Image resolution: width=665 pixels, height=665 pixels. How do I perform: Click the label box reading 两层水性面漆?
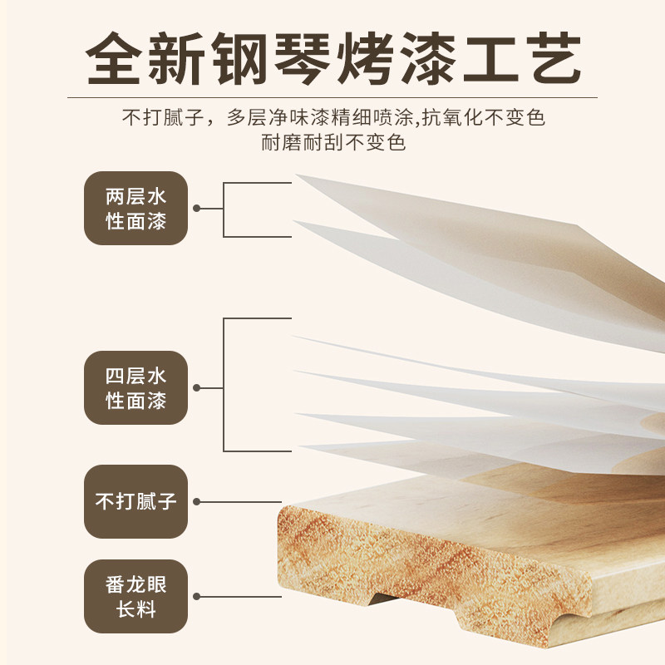[135, 209]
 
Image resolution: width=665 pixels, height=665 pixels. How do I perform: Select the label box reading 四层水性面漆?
[135, 388]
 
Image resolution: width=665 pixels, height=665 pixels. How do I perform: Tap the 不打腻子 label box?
[135, 501]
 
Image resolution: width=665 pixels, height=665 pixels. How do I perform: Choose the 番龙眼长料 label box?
[135, 597]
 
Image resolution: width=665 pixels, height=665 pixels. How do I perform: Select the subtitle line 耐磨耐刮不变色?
[332, 142]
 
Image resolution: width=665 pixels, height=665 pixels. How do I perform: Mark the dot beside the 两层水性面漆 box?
[197, 209]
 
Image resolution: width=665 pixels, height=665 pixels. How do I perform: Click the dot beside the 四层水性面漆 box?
[197, 387]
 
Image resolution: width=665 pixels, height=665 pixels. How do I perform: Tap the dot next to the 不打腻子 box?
[197, 501]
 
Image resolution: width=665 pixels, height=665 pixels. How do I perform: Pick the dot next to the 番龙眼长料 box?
[197, 596]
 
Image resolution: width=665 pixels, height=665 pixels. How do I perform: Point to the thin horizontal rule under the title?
[332, 98]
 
